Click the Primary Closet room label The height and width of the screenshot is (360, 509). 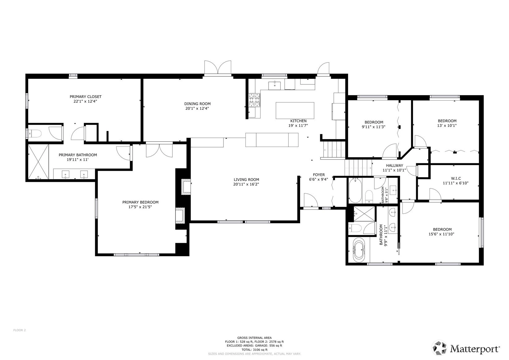click(85, 97)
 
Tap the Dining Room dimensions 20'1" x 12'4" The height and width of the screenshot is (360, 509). click(197, 109)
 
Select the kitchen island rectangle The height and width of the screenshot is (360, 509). click(295, 110)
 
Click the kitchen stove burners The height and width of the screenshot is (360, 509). click(254, 100)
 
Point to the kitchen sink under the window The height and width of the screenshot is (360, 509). click(274, 85)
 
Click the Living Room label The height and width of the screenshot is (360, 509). click(246, 180)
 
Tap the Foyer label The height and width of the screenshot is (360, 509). click(319, 175)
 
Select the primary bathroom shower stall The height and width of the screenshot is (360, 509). click(38, 162)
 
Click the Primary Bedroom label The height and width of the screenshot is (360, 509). click(140, 202)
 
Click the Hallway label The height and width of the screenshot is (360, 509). click(394, 165)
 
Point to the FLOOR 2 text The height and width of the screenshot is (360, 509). click(19, 330)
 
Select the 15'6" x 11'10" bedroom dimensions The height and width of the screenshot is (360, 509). click(441, 234)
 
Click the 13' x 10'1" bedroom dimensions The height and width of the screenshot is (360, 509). click(447, 126)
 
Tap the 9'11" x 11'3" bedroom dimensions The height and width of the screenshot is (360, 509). click(374, 127)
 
